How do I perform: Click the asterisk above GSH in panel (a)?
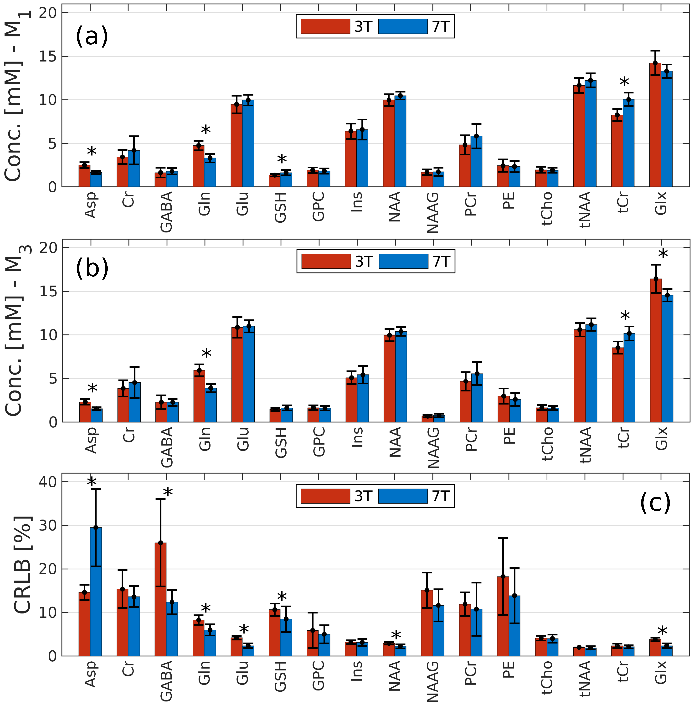pyautogui.click(x=282, y=160)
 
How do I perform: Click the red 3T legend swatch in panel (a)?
pyautogui.click(x=325, y=26)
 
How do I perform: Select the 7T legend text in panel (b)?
pyautogui.click(x=442, y=262)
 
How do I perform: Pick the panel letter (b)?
pyautogui.click(x=92, y=268)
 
